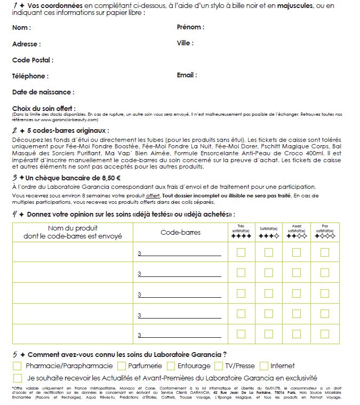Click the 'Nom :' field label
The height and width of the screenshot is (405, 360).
click(x=21, y=27)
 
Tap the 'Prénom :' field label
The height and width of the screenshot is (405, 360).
click(x=190, y=27)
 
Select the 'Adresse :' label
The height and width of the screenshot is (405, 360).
click(x=26, y=44)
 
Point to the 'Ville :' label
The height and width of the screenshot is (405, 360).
click(x=185, y=43)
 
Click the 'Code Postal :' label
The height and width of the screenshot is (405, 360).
click(x=33, y=60)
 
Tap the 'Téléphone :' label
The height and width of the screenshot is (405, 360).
click(x=30, y=76)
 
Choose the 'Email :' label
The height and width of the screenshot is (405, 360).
click(x=187, y=75)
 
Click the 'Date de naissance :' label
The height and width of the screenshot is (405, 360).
click(x=43, y=92)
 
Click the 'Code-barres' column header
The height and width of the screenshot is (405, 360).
click(x=180, y=233)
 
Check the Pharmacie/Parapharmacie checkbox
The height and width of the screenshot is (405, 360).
click(x=17, y=366)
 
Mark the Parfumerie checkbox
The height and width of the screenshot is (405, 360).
click(x=122, y=366)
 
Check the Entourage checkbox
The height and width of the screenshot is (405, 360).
click(x=171, y=366)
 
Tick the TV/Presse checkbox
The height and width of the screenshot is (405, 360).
click(x=218, y=366)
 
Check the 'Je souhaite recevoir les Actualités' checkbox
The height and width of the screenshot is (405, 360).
click(x=17, y=377)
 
